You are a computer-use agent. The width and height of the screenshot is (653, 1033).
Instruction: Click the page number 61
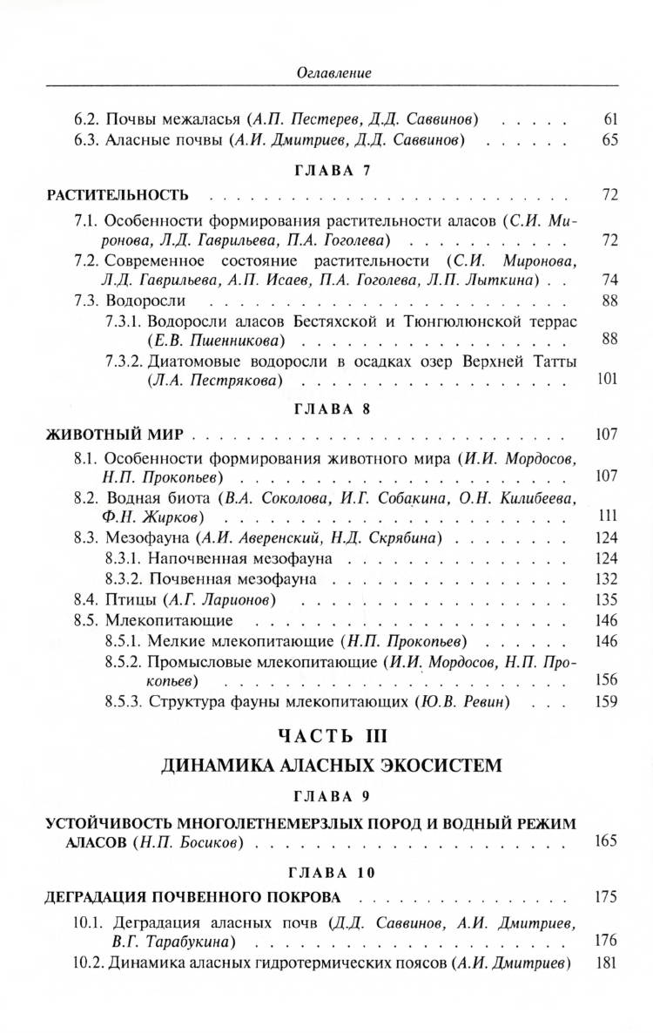pyautogui.click(x=609, y=117)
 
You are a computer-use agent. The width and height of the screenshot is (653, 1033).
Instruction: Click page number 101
pyautogui.click(x=606, y=379)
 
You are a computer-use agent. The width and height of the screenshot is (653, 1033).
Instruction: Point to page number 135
pyautogui.click(x=606, y=600)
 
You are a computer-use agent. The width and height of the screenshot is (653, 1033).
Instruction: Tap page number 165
pyautogui.click(x=606, y=841)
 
